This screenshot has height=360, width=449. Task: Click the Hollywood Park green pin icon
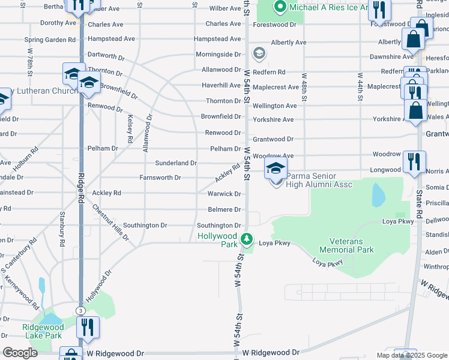coord(246,240)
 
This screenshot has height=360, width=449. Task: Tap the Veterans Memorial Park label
coord(346,245)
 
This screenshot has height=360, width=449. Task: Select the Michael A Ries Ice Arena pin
coord(279,8)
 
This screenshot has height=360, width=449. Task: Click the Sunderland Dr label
coord(176,163)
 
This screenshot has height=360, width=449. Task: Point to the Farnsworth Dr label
coord(160,178)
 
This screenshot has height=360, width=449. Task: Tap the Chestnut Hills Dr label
coord(110,223)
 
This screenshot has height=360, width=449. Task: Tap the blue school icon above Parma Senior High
coord(276,168)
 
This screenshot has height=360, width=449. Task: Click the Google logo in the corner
coord(20,353)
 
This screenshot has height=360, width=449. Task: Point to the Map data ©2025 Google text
coord(411,355)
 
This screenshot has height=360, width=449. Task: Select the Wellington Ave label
coord(275,106)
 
